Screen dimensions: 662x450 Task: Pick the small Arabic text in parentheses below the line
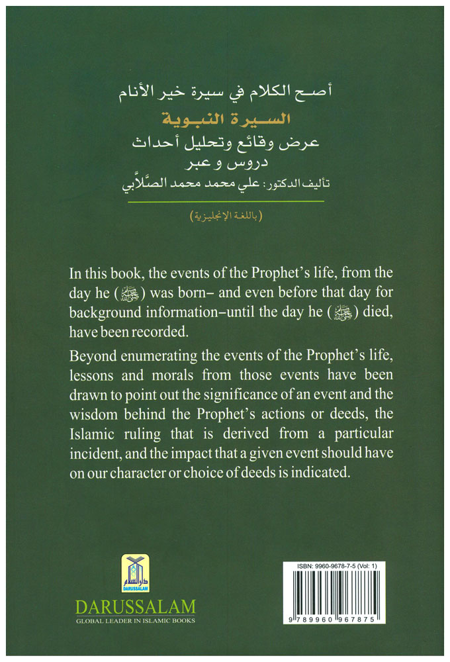tap(225, 217)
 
